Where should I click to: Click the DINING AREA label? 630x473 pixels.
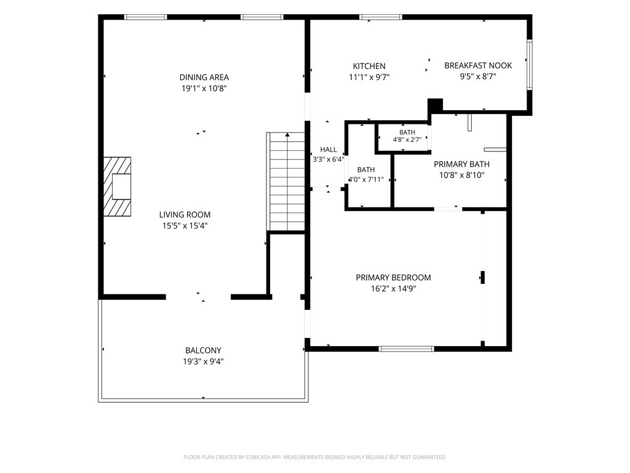[204, 77]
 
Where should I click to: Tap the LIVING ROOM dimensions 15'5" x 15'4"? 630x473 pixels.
[185, 226]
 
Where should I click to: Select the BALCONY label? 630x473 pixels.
[203, 350]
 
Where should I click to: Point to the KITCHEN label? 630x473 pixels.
[369, 67]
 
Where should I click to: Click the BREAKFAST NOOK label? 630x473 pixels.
[478, 65]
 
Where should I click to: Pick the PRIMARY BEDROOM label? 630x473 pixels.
[393, 278]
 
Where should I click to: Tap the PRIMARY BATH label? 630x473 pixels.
[461, 164]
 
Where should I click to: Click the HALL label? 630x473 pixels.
[329, 150]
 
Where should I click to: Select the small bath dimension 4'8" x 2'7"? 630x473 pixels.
[407, 140]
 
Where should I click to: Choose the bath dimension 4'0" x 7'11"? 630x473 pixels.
[365, 179]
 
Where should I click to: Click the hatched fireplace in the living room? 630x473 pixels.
[118, 187]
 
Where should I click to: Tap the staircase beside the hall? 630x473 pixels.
[285, 182]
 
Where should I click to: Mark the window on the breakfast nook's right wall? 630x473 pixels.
[530, 65]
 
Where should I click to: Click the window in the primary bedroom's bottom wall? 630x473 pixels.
[407, 349]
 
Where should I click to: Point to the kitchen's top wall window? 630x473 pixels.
[380, 17]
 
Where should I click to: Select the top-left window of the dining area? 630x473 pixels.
[145, 17]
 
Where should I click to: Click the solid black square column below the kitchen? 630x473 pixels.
[435, 105]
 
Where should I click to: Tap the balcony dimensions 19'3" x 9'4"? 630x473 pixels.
[203, 362]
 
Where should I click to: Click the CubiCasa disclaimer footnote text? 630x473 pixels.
[315, 458]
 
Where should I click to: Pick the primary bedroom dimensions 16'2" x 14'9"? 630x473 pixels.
[393, 289]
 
